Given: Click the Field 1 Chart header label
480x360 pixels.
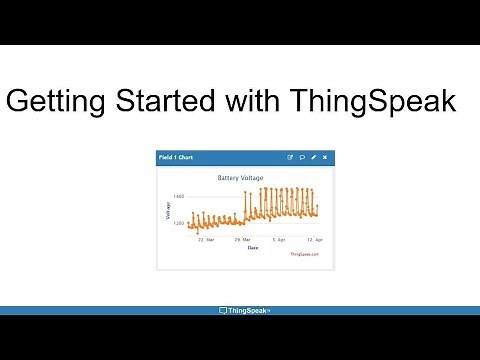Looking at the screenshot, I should (177, 157).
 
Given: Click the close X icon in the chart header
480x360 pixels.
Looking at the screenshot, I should (325, 157).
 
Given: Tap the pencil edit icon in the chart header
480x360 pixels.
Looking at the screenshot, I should (314, 157).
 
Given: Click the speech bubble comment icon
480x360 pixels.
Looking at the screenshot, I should (302, 157).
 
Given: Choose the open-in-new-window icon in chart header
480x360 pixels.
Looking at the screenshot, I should (290, 157).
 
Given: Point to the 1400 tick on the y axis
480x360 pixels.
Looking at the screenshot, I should (178, 197).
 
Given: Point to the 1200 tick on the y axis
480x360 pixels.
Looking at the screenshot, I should (178, 224).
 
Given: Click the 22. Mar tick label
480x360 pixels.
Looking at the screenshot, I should (205, 240).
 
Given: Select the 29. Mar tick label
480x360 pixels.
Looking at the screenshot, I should (241, 240).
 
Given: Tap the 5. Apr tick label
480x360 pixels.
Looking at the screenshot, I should (278, 240).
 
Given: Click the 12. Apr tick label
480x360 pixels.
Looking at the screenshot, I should (314, 240).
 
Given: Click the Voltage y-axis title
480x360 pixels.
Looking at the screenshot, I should (168, 211).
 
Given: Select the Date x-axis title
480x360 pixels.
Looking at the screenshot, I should (252, 247).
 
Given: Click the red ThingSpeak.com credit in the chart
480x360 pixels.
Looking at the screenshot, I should (304, 254).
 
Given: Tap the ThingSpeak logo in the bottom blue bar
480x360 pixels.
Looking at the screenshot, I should (244, 310).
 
